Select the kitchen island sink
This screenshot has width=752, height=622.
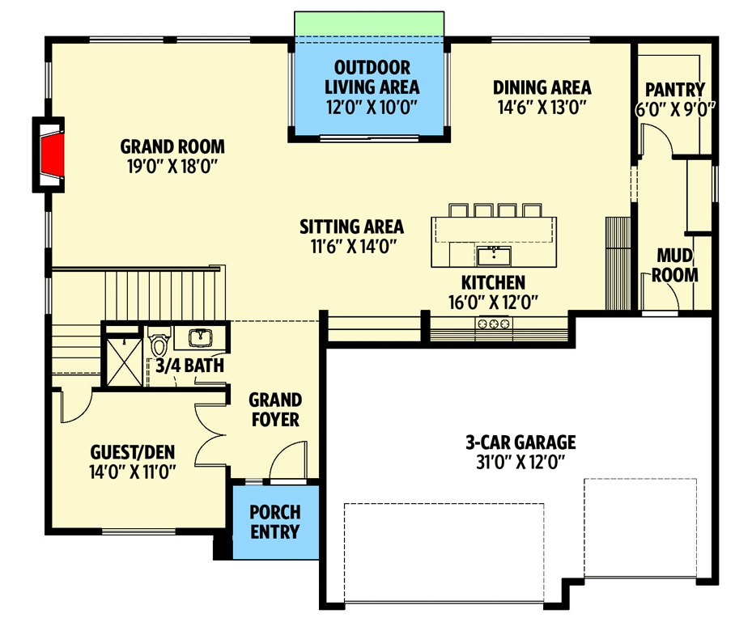tap(494, 256)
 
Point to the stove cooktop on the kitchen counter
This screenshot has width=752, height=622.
tap(494, 324)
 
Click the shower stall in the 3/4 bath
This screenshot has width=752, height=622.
tap(124, 362)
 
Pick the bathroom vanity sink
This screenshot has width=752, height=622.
tap(201, 337)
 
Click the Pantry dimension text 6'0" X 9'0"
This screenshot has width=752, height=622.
tap(675, 110)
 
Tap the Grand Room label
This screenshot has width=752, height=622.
tap(172, 146)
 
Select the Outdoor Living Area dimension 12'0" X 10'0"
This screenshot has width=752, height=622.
tap(372, 107)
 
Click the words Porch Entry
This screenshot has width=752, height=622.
tap(275, 522)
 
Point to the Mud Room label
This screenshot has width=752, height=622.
tap(675, 265)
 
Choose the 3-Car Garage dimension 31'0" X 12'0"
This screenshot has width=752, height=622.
tap(520, 462)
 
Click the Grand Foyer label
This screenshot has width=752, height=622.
tap(275, 409)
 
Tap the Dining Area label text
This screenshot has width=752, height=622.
tap(542, 87)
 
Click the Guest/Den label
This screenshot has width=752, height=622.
tap(133, 451)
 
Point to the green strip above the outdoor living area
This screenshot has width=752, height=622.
tap(369, 23)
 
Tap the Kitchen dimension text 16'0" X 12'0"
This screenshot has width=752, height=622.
tap(493, 303)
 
